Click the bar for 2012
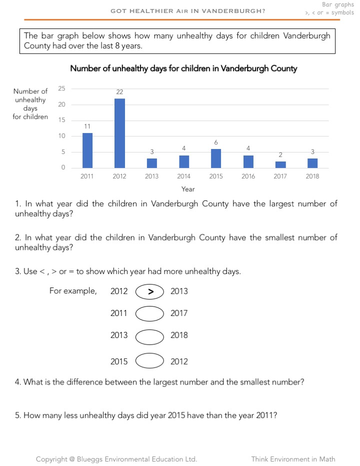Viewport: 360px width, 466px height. tap(119, 133)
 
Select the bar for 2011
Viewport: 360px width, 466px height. tap(87, 150)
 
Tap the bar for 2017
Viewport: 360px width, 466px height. tap(280, 164)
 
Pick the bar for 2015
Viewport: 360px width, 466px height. tap(216, 158)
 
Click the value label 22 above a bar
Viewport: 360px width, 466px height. tap(119, 92)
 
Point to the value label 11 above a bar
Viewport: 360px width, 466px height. tap(87, 126)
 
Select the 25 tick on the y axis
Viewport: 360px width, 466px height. tap(62, 88)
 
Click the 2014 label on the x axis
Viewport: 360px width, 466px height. tap(183, 176)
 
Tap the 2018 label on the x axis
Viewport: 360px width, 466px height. tap(312, 176)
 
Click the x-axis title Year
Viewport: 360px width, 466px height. tap(188, 189)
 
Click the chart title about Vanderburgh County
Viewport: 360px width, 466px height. tap(183, 68)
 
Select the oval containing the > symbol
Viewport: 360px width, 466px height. tap(150, 291)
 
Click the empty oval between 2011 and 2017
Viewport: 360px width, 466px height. tap(150, 313)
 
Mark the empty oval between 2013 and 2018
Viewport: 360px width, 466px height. tap(150, 336)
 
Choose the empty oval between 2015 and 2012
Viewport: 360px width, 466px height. tap(150, 361)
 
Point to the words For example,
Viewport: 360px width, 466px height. tap(72, 291)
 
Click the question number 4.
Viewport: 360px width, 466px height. tap(18, 382)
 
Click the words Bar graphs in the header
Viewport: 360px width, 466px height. tap(337, 4)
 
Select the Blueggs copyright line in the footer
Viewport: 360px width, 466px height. tap(116, 459)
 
